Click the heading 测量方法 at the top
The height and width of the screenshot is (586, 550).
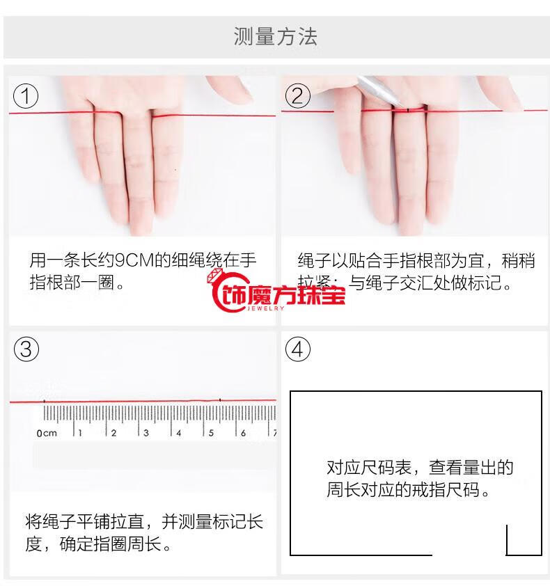click(275, 37)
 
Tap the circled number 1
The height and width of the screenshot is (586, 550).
click(26, 96)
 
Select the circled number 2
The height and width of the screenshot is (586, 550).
click(297, 96)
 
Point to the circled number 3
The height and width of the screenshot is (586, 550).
click(26, 349)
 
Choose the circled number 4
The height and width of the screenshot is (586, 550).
click(297, 349)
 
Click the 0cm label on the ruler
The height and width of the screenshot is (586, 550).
click(47, 433)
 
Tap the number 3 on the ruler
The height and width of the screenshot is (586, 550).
click(146, 433)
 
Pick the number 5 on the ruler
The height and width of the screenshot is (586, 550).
click(211, 433)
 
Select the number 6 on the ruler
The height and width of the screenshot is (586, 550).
click(243, 433)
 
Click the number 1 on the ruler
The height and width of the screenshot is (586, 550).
click(80, 433)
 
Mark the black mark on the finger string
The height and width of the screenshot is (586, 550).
click(407, 110)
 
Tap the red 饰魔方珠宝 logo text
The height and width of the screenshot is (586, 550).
click(283, 295)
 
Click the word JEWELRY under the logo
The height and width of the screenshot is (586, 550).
click(265, 308)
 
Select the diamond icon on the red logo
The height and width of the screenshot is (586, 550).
click(215, 276)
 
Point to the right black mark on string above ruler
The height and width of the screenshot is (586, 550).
click(220, 400)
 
